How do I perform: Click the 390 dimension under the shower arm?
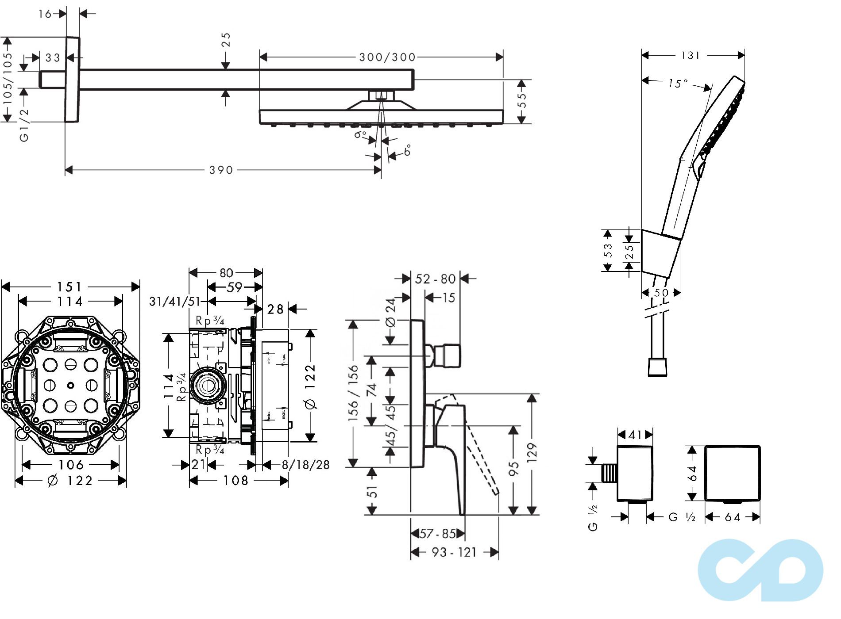click(x=221, y=170)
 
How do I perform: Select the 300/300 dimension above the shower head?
click(x=387, y=57)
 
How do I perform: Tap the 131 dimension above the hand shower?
click(x=690, y=55)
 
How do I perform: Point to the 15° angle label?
click(x=678, y=83)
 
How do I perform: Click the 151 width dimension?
click(x=70, y=287)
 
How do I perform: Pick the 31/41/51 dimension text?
click(x=174, y=302)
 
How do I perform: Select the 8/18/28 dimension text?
click(x=306, y=465)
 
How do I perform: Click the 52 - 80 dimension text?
click(x=435, y=279)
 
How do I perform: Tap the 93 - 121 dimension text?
click(x=454, y=552)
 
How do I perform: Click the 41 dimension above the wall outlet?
click(x=635, y=435)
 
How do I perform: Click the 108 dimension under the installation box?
click(x=236, y=481)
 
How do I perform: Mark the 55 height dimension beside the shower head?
click(x=522, y=100)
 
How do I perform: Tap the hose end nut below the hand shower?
click(x=657, y=367)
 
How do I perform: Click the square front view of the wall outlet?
click(x=732, y=474)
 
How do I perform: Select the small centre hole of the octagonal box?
click(x=71, y=386)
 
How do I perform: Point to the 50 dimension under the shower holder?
click(x=661, y=293)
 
